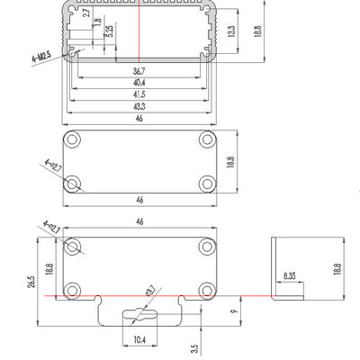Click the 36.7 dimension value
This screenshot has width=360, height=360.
(138, 70)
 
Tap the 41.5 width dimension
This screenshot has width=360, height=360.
(138, 94)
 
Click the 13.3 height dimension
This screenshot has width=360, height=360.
(233, 31)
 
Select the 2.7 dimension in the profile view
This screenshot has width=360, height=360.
(85, 14)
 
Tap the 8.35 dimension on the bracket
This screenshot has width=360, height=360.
(289, 275)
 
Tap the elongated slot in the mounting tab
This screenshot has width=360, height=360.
(139, 314)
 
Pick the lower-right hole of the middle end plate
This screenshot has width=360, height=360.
(207, 184)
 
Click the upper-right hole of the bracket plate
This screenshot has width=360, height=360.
(207, 247)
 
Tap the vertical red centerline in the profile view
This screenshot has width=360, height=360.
(139, 36)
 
